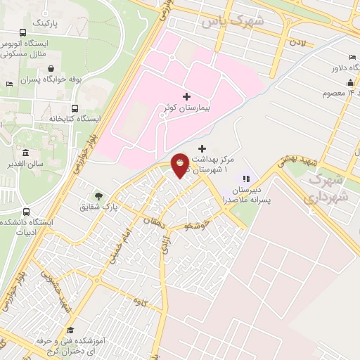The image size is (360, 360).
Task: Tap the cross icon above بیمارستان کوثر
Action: [186, 96]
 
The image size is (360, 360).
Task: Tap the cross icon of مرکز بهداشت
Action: [202, 148]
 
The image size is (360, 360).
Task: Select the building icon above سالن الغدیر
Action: [25, 153]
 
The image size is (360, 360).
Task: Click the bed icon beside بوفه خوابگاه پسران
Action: [9, 84]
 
